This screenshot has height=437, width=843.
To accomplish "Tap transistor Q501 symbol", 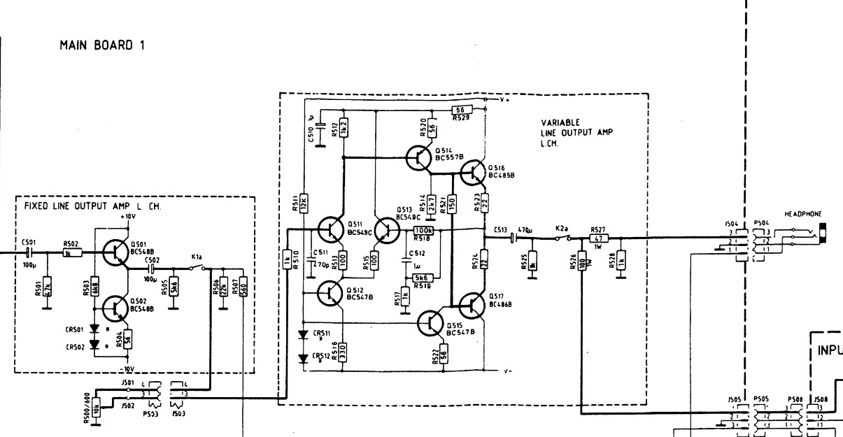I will tap(112, 254).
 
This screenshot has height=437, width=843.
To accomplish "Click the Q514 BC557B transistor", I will tap(419, 158).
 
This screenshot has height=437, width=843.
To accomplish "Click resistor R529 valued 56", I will tap(460, 110).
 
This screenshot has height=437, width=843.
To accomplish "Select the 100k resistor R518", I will tap(424, 230).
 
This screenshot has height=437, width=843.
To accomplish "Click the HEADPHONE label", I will tap(802, 213).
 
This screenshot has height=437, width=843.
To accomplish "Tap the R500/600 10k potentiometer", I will tap(96, 403).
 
